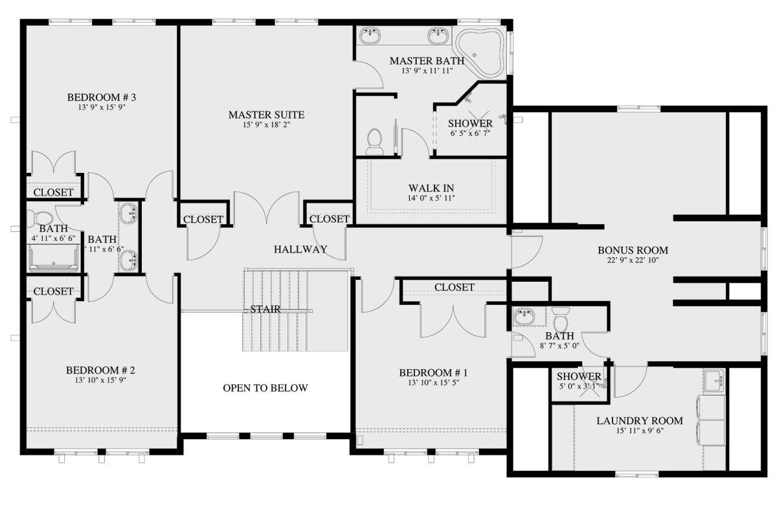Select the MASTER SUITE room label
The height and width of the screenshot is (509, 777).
pyautogui.click(x=266, y=115)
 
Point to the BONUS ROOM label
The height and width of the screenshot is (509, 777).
pyautogui.click(x=633, y=250)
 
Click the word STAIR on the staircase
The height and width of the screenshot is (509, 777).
pyautogui.click(x=265, y=309)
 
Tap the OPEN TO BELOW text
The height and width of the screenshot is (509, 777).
pyautogui.click(x=265, y=389)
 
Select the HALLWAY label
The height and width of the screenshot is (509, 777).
pyautogui.click(x=300, y=249)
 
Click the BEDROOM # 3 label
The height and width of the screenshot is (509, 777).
pyautogui.click(x=101, y=98)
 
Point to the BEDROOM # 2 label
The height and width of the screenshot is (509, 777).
pyautogui.click(x=100, y=370)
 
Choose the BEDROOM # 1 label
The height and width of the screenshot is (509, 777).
pyautogui.click(x=433, y=372)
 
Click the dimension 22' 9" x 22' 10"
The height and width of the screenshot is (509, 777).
pyautogui.click(x=633, y=261)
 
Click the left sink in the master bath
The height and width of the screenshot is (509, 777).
pyautogui.click(x=372, y=36)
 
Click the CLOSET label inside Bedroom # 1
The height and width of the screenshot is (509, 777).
pyautogui.click(x=455, y=287)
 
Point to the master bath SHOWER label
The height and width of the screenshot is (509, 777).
pyautogui.click(x=471, y=123)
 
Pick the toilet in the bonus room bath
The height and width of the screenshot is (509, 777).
pyautogui.click(x=561, y=322)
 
